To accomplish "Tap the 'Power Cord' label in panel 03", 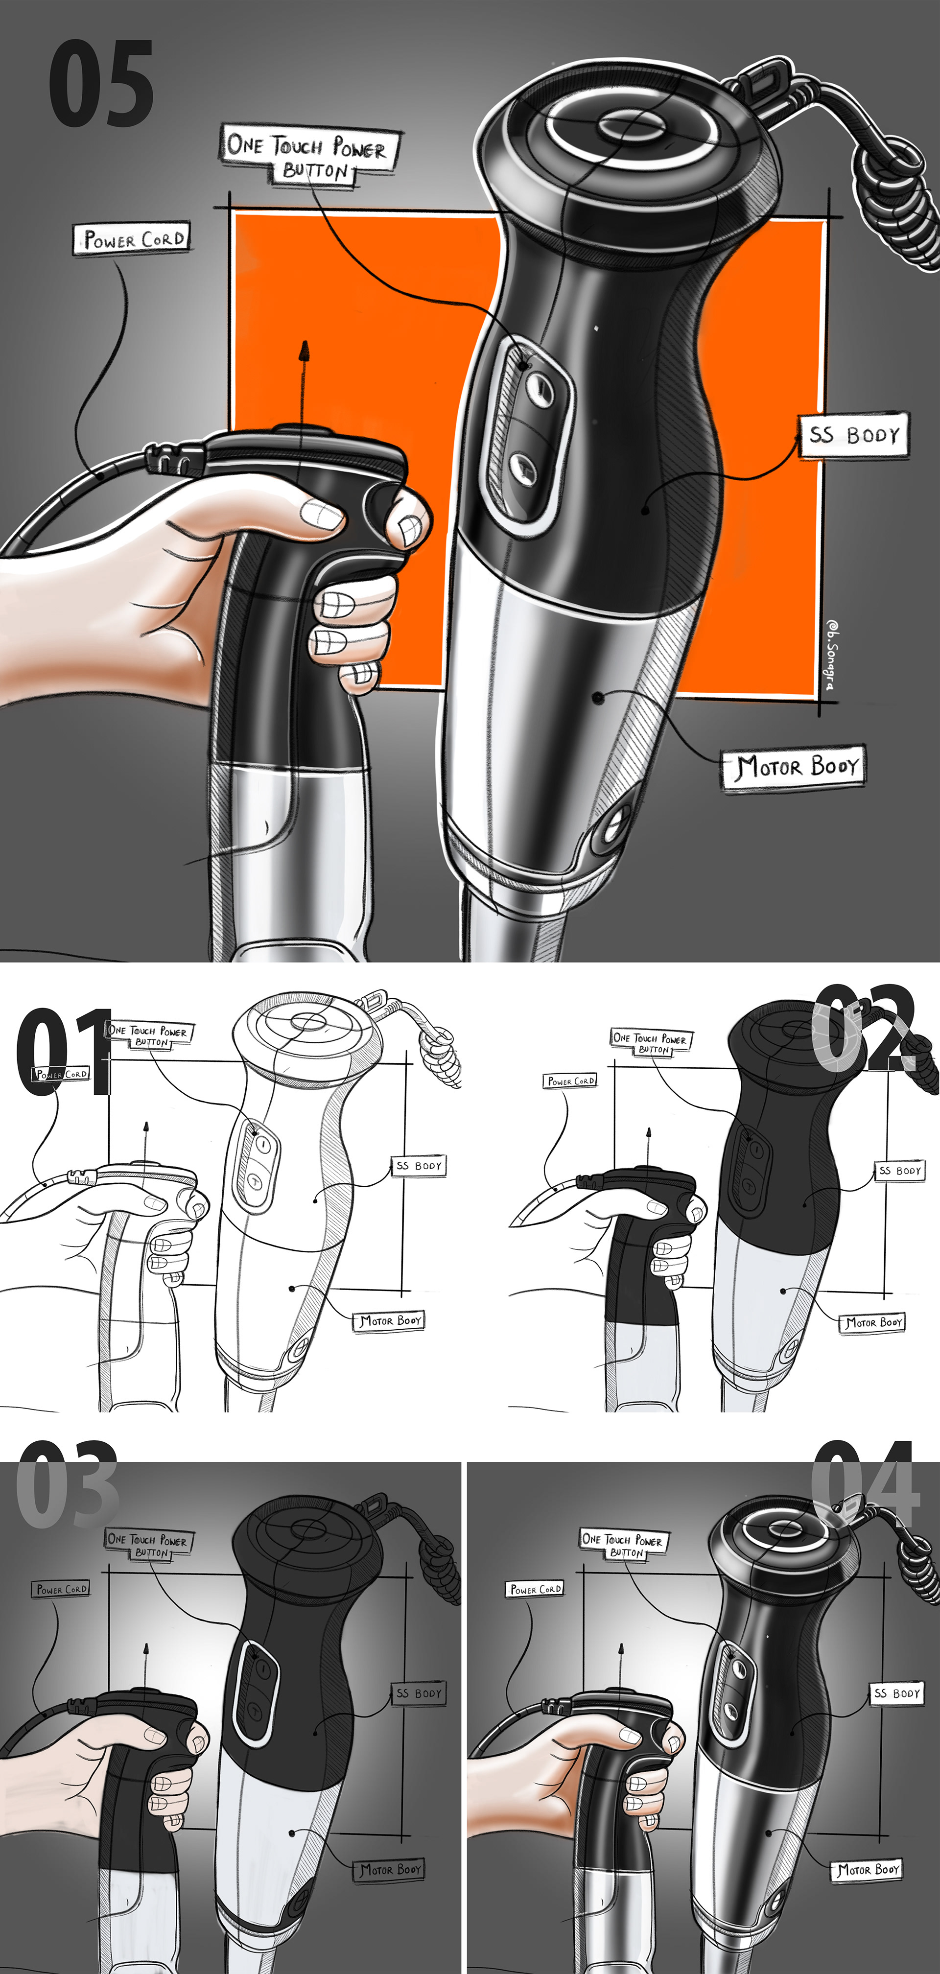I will click(61, 1589).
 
